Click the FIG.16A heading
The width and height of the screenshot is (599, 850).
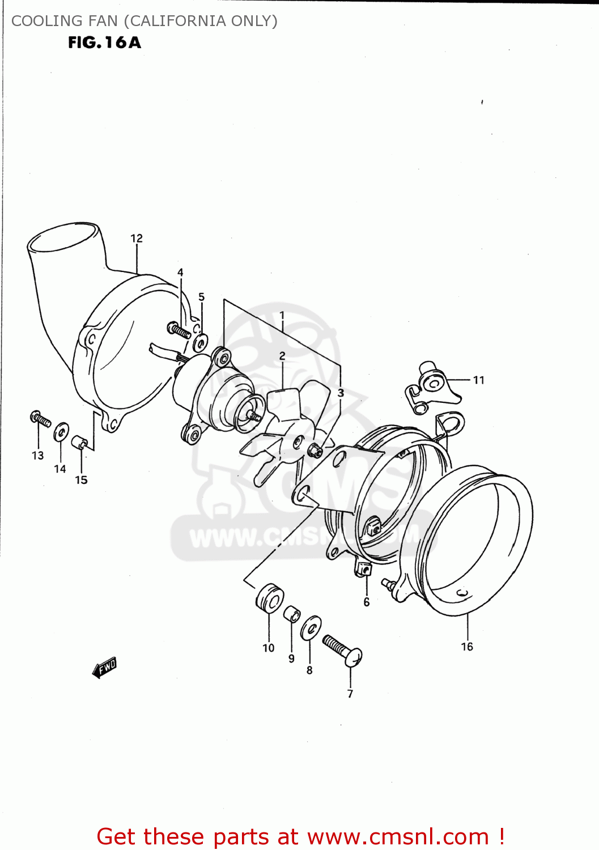104,42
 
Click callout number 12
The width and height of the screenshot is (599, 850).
137,239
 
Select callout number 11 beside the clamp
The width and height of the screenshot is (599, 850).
479,380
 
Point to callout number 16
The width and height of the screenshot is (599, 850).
467,647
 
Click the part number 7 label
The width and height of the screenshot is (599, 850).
350,694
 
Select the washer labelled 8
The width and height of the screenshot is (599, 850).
311,628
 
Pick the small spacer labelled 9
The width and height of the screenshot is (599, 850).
292,614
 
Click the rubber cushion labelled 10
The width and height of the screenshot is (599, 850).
270,598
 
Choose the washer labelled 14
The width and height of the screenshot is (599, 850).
61,432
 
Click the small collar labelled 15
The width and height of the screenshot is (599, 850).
79,442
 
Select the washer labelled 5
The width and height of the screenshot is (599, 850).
200,342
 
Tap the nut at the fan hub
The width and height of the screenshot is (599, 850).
315,451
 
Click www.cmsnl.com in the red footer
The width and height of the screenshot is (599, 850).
398,836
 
